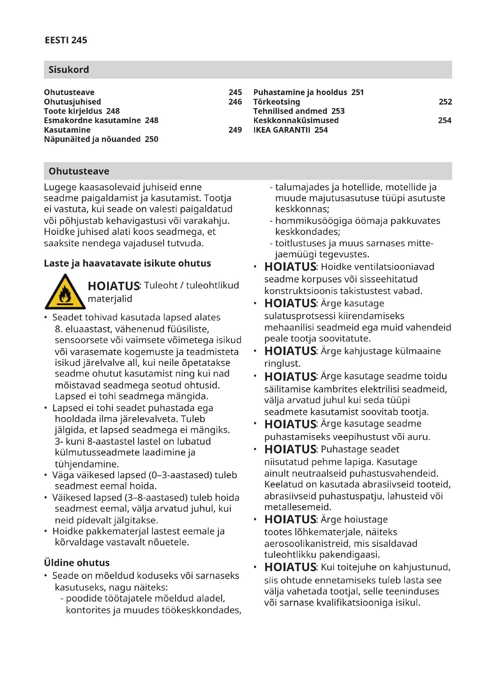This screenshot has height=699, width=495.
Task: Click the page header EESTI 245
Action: point(66,40)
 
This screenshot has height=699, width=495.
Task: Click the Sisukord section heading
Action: point(69,70)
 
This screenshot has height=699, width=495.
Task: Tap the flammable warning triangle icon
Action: point(65,292)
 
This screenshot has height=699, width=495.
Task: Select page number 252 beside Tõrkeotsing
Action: point(445,102)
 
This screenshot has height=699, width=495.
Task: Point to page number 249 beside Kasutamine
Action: point(235,130)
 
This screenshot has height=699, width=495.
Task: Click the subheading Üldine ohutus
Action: point(77,563)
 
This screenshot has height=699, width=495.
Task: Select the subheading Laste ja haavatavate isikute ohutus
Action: point(127,263)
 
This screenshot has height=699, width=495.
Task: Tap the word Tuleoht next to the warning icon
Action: point(161,285)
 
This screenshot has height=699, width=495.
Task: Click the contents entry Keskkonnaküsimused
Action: point(296,120)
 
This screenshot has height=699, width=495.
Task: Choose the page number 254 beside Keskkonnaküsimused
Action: point(444,120)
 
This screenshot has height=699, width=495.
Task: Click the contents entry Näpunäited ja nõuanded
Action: point(101,140)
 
